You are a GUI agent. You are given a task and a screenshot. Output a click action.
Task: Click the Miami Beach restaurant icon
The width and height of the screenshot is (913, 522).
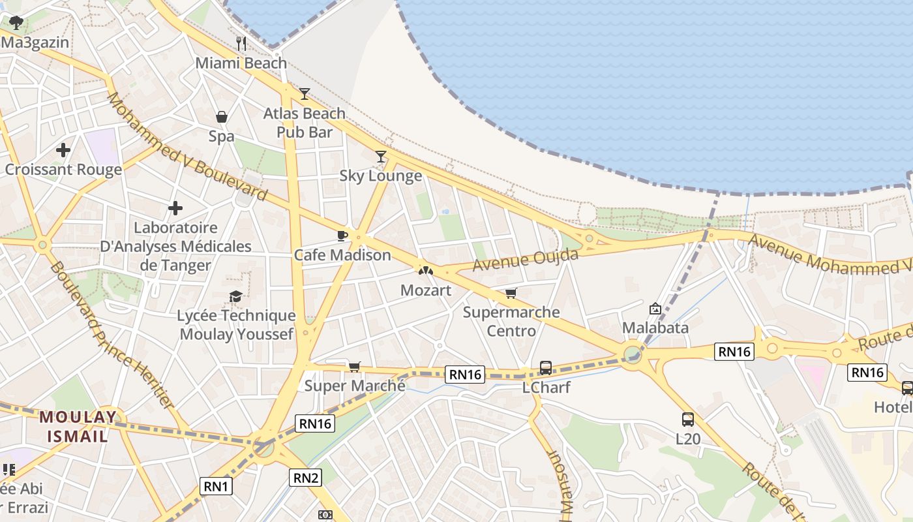click(x=241, y=44)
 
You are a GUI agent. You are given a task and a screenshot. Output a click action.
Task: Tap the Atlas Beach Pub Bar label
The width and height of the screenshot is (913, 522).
click(x=304, y=123)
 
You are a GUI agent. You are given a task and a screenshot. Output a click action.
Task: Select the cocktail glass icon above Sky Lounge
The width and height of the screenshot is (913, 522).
click(x=381, y=157)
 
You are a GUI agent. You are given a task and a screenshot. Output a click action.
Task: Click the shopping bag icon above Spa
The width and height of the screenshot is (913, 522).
click(x=222, y=117)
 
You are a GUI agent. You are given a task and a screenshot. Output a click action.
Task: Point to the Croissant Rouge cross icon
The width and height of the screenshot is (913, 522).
click(x=63, y=150)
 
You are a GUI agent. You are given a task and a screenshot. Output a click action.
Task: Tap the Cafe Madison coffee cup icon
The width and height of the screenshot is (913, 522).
click(x=342, y=236)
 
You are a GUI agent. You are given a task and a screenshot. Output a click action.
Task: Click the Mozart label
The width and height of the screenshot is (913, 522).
click(x=425, y=290)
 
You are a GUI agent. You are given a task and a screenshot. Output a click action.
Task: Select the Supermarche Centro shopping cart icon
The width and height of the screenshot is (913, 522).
click(x=511, y=293)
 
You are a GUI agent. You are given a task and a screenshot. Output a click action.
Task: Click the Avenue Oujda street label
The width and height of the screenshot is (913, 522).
click(x=526, y=260)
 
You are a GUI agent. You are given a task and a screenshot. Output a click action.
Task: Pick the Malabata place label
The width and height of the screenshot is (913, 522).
click(x=655, y=327)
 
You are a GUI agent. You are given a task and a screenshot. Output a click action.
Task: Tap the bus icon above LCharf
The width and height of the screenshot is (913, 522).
click(x=546, y=368)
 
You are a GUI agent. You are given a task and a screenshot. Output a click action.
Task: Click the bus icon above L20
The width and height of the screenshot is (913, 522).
click(x=687, y=420)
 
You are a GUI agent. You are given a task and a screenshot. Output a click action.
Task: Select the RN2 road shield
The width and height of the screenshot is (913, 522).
click(x=306, y=478)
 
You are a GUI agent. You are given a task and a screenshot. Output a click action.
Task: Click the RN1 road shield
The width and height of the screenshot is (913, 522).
click(x=216, y=486)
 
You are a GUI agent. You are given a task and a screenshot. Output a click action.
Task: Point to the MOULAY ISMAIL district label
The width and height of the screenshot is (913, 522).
click(x=78, y=427)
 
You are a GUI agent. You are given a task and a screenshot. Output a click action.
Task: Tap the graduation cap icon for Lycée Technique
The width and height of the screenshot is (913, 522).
click(x=235, y=297)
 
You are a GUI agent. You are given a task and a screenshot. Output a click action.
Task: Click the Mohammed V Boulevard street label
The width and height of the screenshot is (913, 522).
click(x=187, y=147)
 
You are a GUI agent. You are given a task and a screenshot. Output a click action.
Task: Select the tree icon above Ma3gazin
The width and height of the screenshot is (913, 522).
click(x=16, y=23)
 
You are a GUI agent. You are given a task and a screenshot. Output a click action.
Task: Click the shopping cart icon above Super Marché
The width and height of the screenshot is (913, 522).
click(x=354, y=367)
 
